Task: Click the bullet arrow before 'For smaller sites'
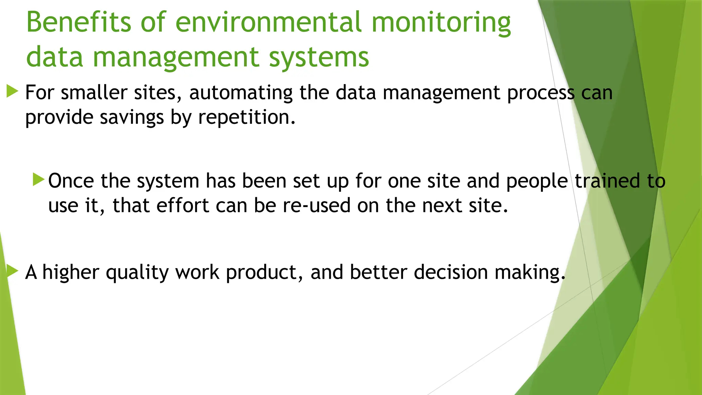coord(12,92)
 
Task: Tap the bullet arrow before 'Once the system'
coord(39,180)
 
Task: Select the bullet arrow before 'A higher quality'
coord(12,271)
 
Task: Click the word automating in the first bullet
coord(241,93)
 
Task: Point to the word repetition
coord(247,118)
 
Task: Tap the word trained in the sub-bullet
coord(607,181)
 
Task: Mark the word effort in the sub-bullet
coord(182,205)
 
